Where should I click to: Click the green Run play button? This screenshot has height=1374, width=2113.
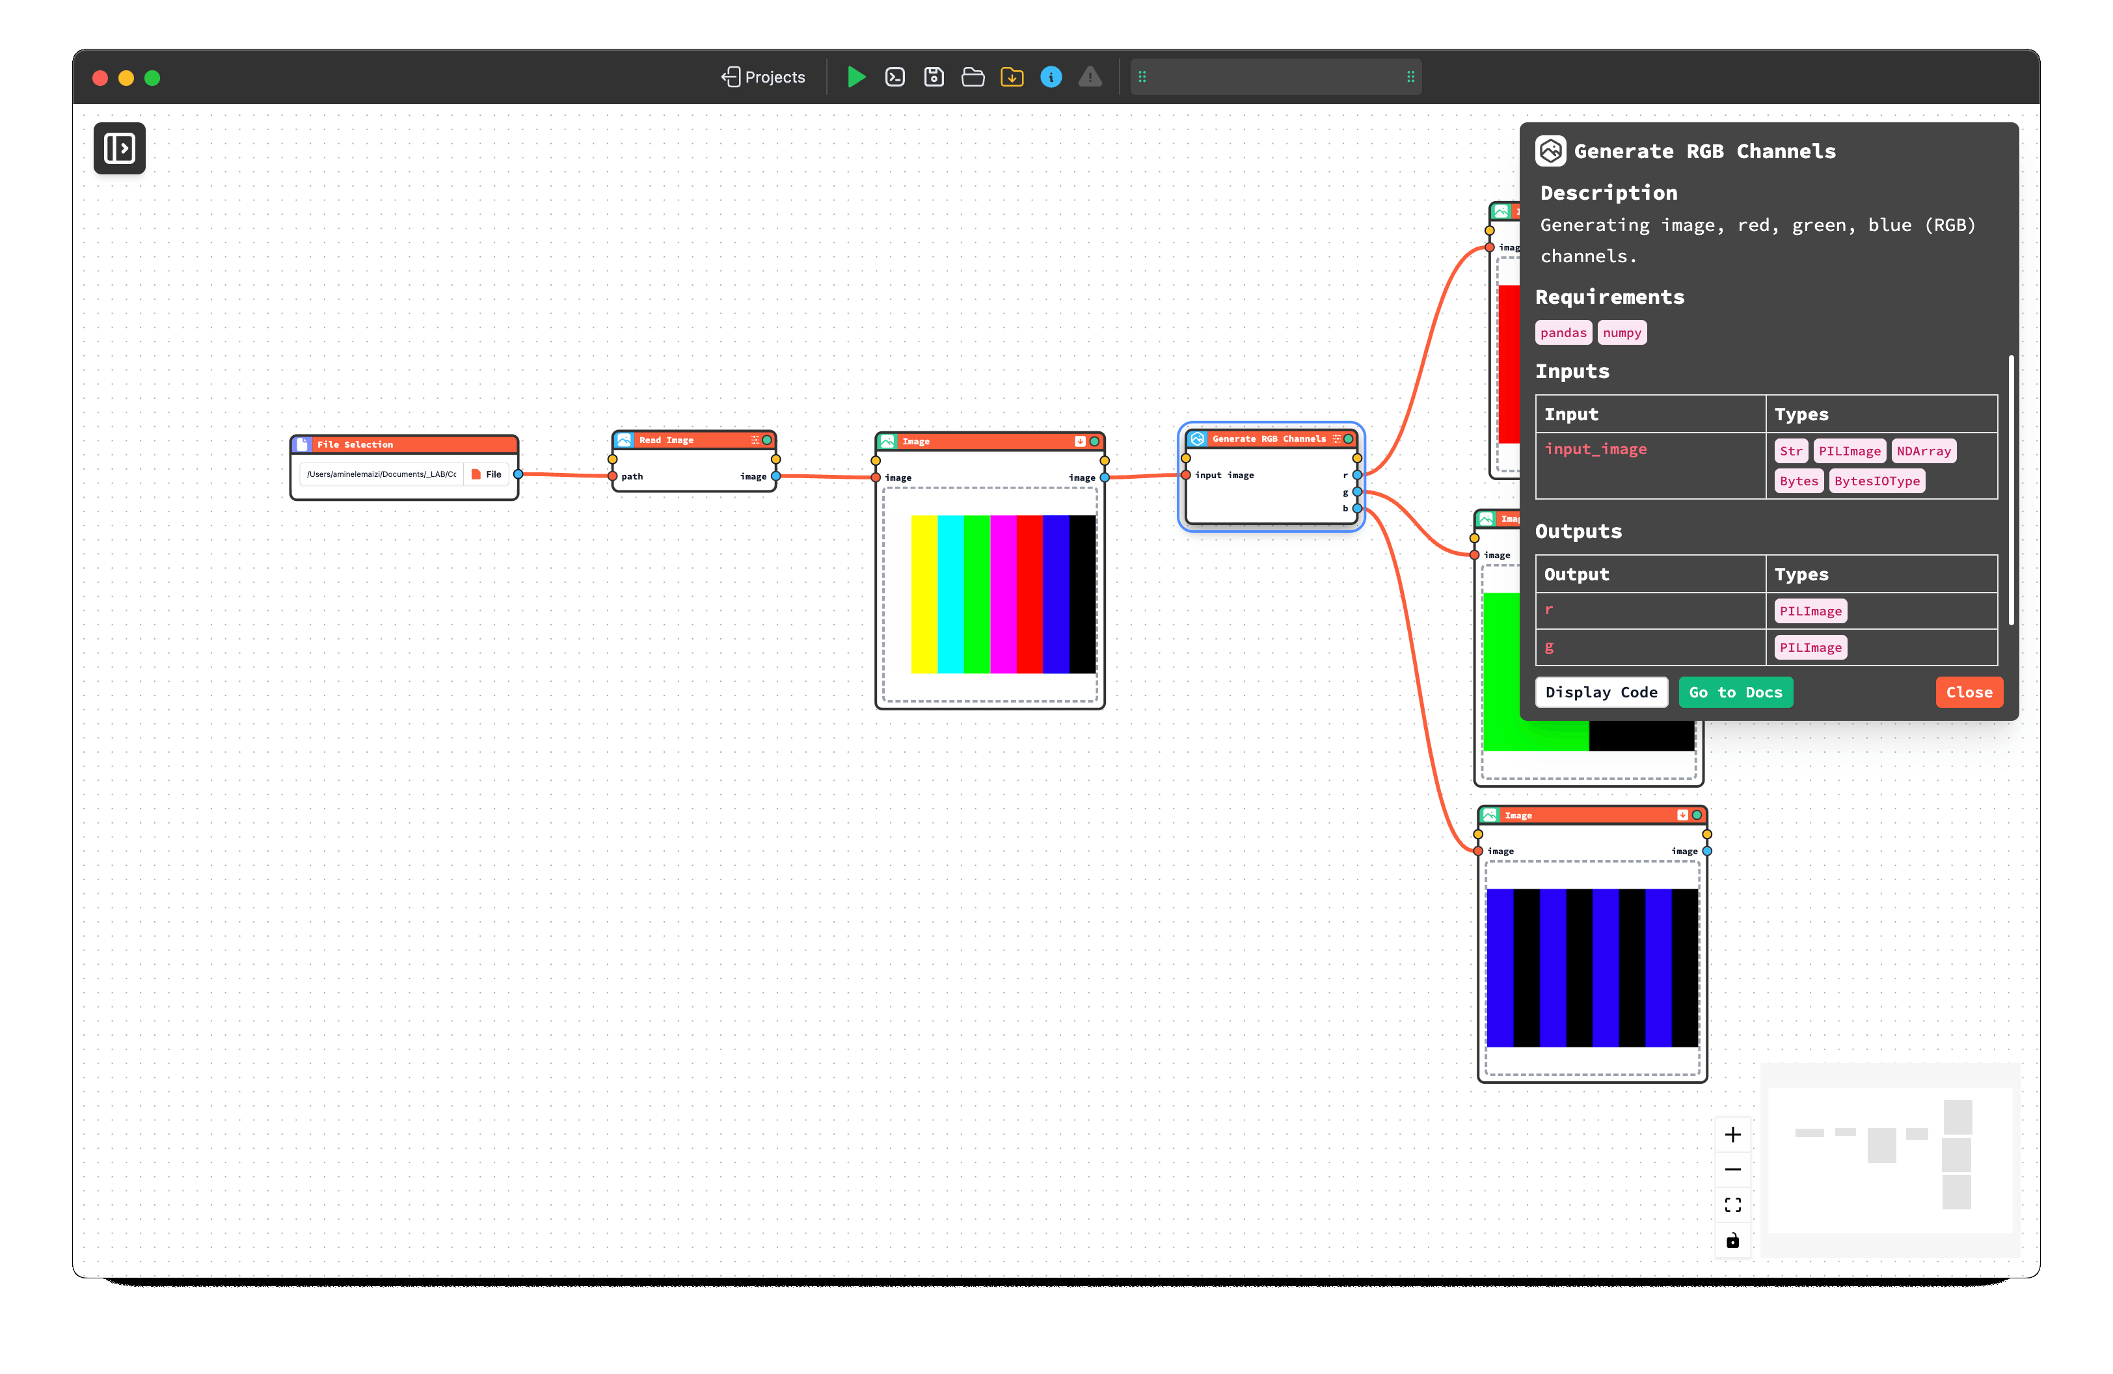(856, 77)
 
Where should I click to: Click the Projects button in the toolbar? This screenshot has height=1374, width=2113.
(764, 77)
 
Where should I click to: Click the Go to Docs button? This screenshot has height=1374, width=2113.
(1735, 692)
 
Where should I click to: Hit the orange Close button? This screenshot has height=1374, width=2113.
(1969, 692)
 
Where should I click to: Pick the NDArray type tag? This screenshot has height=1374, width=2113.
(1923, 451)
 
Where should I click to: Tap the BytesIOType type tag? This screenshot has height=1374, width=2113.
(1876, 481)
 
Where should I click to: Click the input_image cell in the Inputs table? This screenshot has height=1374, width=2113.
(1595, 449)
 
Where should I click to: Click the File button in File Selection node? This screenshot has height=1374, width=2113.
(487, 474)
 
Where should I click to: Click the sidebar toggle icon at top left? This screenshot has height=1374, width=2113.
(120, 148)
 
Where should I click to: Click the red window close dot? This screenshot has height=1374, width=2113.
(100, 78)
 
